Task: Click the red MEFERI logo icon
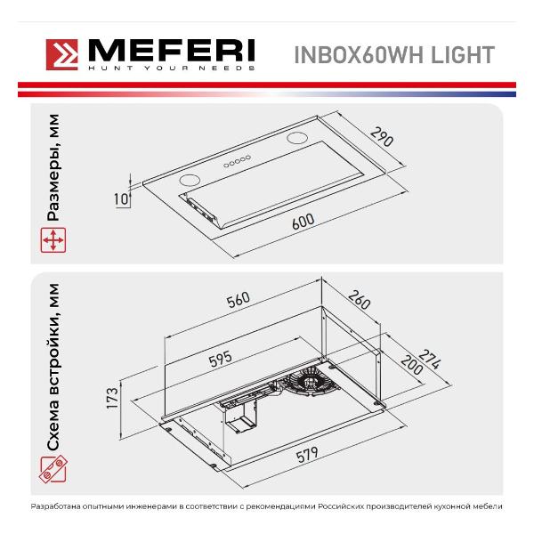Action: click(x=62, y=54)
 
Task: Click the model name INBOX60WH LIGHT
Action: click(x=394, y=54)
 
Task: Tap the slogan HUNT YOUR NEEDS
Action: click(x=171, y=69)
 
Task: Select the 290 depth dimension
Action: click(x=382, y=136)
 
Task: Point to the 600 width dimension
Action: click(x=303, y=222)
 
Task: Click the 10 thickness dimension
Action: click(x=121, y=199)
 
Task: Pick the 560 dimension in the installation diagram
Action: click(x=239, y=300)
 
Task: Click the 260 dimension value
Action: click(x=360, y=300)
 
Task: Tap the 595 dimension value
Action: click(x=221, y=359)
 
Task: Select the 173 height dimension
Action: click(x=112, y=397)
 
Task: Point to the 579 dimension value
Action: click(x=307, y=454)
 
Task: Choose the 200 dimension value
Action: click(x=412, y=365)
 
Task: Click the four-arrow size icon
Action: click(x=53, y=240)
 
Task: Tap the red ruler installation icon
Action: click(x=53, y=469)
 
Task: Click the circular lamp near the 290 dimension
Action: click(x=297, y=138)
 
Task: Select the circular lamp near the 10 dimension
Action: click(x=190, y=180)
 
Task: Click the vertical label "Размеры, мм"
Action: click(x=53, y=167)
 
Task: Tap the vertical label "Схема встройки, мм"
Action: click(x=53, y=367)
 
